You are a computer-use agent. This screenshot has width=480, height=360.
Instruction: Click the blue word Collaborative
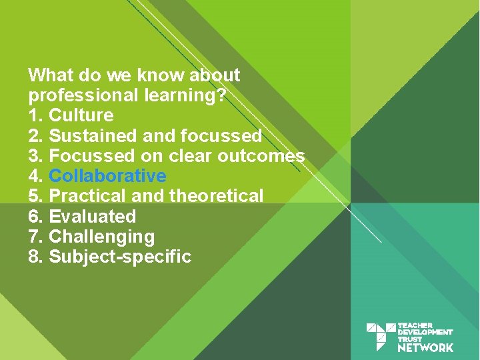[x=107, y=176]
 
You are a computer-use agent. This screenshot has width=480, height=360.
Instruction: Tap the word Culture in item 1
[x=81, y=115]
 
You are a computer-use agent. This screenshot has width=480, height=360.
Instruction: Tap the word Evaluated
[x=93, y=217]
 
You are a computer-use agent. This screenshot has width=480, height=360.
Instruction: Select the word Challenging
[x=102, y=237]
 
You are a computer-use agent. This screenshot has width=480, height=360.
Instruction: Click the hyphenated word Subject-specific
[x=121, y=257]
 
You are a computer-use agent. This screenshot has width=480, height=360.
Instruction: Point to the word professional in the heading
[x=84, y=95]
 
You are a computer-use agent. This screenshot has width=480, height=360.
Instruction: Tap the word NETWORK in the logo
[x=425, y=347]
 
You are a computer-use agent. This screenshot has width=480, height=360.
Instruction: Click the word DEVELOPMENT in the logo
[x=425, y=332]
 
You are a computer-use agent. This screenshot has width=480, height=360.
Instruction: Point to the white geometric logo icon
[x=381, y=337]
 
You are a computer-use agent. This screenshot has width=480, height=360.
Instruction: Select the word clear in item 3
[x=186, y=156]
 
